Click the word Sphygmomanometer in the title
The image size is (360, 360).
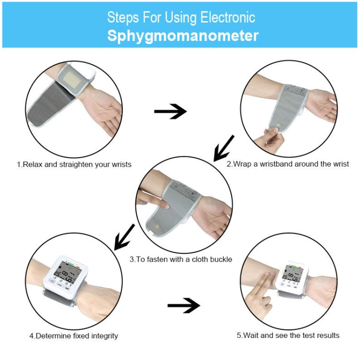point(182,36)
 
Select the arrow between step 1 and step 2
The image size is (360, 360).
point(170,112)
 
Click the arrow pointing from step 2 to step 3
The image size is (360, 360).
point(223,148)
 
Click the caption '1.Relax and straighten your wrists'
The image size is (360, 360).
point(74,164)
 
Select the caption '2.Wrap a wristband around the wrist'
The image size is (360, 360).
point(288,164)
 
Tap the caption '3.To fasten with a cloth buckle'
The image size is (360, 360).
point(180,259)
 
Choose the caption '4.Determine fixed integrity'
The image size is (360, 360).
point(73,336)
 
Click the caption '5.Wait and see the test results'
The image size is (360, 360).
point(288,335)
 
